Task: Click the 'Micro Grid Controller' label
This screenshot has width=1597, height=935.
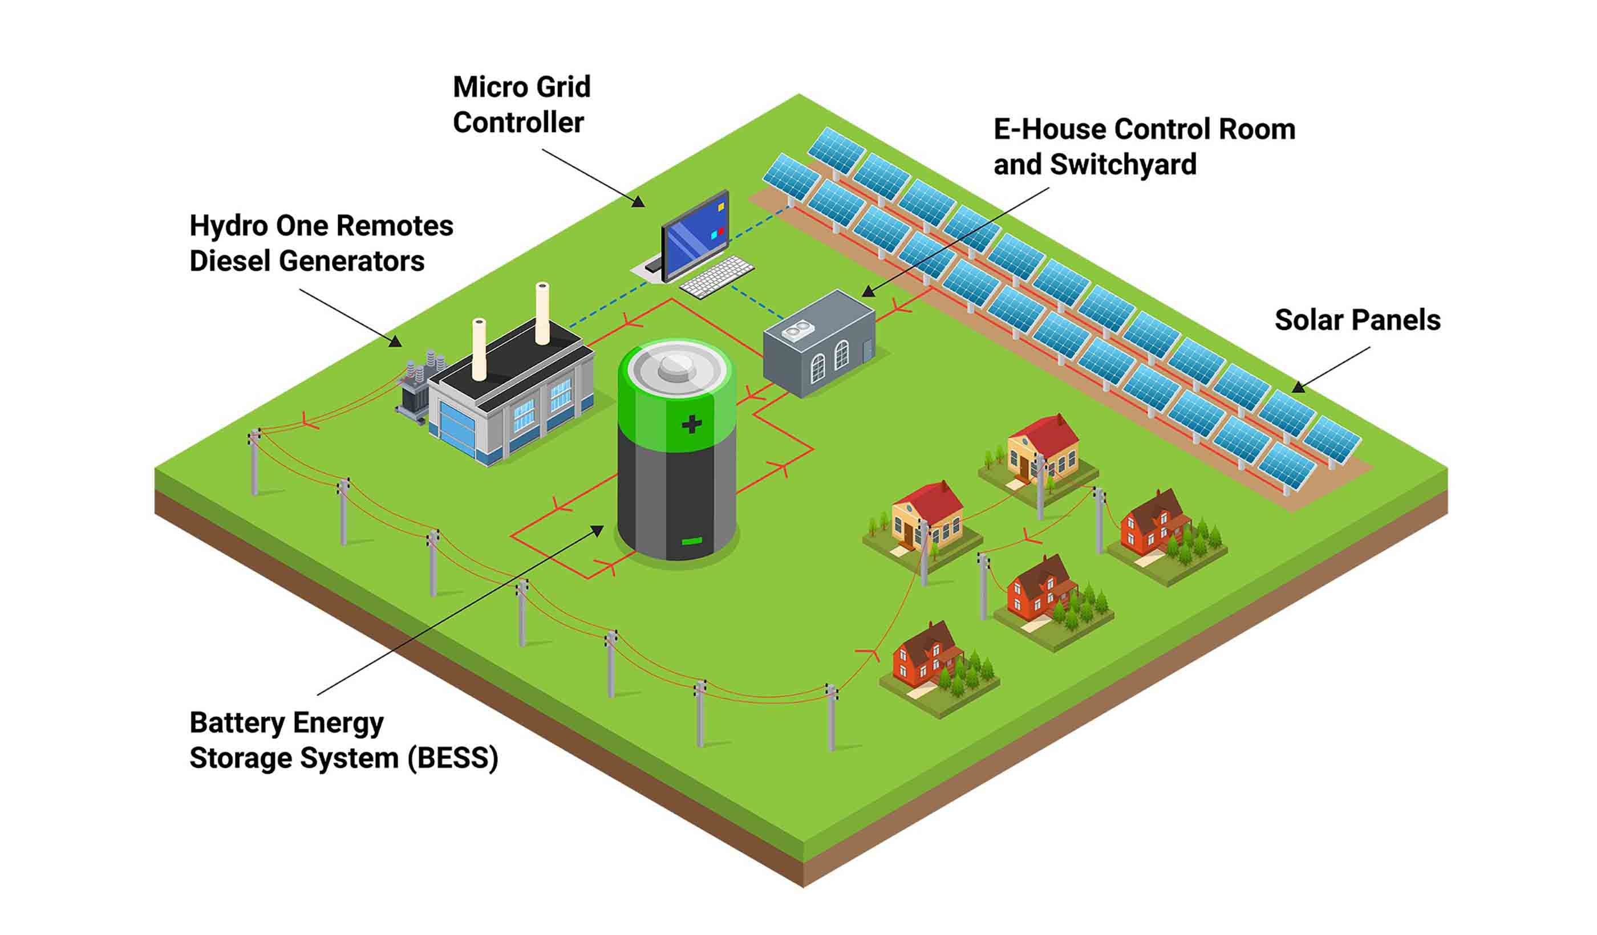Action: (x=521, y=104)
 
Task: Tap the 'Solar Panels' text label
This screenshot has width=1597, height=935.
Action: (x=1357, y=320)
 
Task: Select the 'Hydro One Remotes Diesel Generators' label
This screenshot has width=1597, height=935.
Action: (x=321, y=243)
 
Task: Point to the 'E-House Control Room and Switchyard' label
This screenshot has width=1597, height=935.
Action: (x=1144, y=147)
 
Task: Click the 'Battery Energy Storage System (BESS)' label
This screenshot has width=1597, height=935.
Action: (x=343, y=740)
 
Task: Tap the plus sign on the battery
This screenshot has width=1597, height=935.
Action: (x=691, y=424)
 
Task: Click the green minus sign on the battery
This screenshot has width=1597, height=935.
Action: (x=691, y=541)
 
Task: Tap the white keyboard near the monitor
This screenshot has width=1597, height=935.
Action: (x=717, y=277)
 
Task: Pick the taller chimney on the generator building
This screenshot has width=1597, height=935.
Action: (x=542, y=313)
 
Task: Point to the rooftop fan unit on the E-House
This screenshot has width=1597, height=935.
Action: (x=797, y=330)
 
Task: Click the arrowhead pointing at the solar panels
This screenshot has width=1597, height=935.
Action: (x=1298, y=387)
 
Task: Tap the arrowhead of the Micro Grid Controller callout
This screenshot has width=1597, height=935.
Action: (x=639, y=202)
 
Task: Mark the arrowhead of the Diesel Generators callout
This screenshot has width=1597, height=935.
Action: (x=395, y=342)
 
